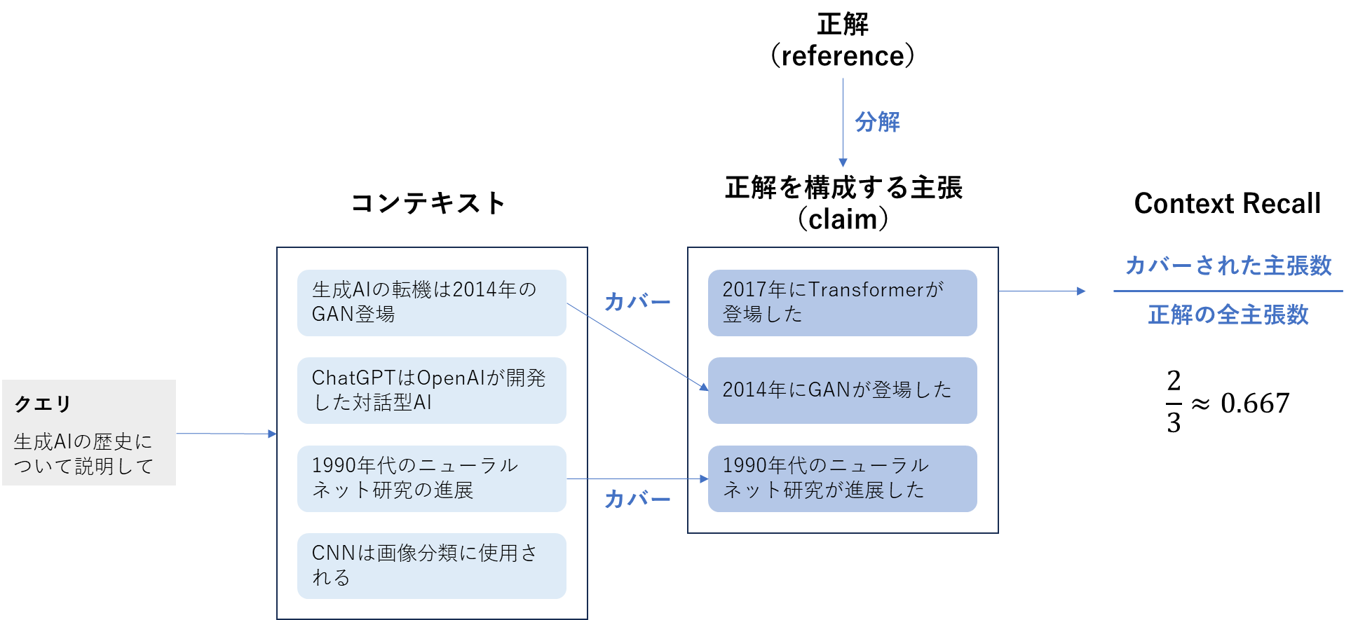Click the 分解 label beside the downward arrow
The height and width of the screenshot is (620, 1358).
coord(877,122)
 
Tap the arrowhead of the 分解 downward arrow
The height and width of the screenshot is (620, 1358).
coord(843,163)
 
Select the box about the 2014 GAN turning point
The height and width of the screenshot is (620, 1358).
coord(431,303)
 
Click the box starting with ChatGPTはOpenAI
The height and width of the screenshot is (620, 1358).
coord(431,390)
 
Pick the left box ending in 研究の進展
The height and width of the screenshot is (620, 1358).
coord(431,478)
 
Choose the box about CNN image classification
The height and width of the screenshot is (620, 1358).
coord(431,566)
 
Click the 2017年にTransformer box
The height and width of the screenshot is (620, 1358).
coord(842,303)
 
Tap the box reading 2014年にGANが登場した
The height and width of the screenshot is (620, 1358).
coord(842,390)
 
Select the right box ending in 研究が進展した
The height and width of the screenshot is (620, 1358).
coord(842,478)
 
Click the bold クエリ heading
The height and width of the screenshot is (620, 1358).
coord(43,404)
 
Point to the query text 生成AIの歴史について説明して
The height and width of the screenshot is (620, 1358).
coord(83,454)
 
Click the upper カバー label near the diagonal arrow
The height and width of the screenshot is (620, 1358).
coord(637,302)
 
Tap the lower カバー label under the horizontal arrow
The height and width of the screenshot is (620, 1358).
coord(637,500)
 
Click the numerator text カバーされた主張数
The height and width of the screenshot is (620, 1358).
coord(1228,266)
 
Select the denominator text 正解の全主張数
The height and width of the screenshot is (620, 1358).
coord(1228,315)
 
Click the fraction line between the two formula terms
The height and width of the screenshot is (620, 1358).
coord(1228,291)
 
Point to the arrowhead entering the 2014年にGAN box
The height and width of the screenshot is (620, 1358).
coord(704,387)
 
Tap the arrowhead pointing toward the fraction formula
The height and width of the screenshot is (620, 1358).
coord(1082,291)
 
